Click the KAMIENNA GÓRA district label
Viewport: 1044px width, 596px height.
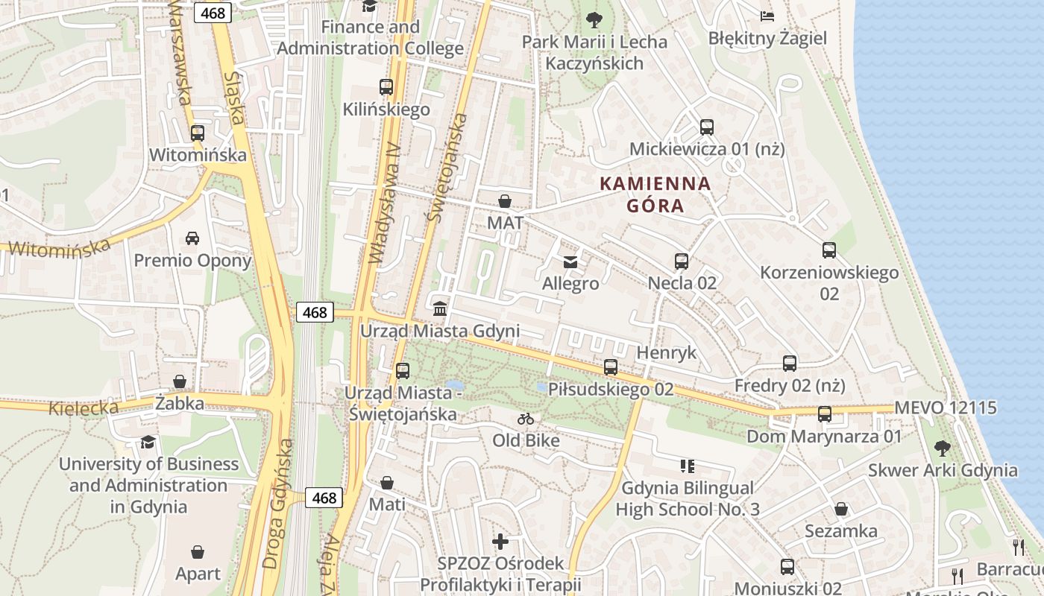pos(655,194)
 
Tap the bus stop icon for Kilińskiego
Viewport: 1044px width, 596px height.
pos(386,87)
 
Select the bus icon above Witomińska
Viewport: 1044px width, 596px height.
pos(197,133)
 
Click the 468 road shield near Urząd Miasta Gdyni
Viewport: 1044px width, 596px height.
pos(315,312)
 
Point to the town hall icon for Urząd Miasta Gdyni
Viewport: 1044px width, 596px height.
pos(440,308)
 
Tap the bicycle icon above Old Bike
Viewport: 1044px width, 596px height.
pos(526,419)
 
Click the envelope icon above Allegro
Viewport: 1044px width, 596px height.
pos(570,261)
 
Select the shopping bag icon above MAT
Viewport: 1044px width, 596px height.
pos(505,201)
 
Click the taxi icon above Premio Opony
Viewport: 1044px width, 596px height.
pos(192,238)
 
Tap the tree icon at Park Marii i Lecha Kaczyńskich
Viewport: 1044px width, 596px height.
pos(594,19)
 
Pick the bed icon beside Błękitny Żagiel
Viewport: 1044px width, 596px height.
pos(767,16)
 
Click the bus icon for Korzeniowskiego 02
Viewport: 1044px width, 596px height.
pos(828,250)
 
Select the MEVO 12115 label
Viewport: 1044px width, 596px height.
pos(945,408)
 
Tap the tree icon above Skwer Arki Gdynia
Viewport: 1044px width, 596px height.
pos(942,448)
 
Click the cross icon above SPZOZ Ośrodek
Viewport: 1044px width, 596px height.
pos(500,542)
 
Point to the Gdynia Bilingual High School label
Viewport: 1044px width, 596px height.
pos(687,499)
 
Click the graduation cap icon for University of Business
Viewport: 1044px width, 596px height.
pos(148,442)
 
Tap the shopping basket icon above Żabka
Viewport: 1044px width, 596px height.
pos(179,381)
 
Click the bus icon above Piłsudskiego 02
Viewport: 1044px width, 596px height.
pos(610,367)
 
